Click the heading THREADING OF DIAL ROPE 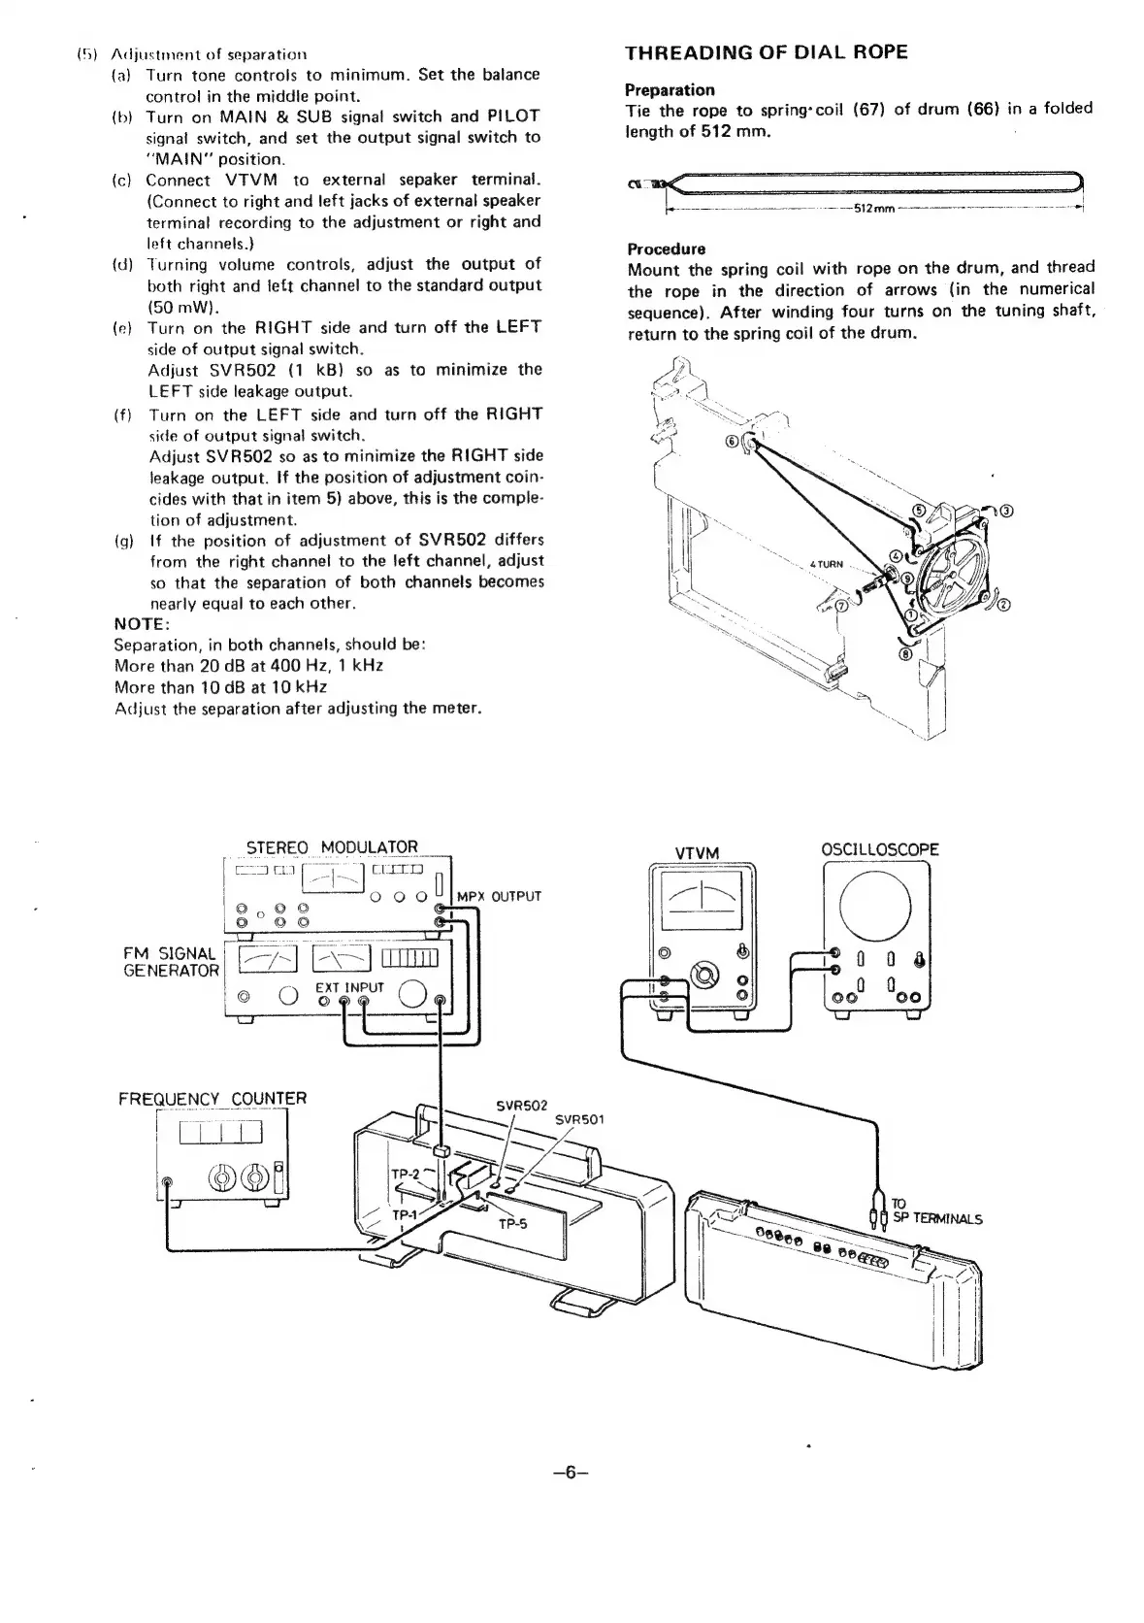click(x=767, y=52)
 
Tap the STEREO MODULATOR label click(x=332, y=847)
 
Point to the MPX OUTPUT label click(x=498, y=896)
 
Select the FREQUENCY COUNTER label click(x=212, y=1098)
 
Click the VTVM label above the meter click(x=697, y=853)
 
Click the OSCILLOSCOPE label click(x=879, y=850)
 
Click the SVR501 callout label click(x=579, y=1119)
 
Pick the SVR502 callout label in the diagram click(x=521, y=1106)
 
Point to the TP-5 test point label click(x=511, y=1223)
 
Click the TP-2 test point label click(x=405, y=1174)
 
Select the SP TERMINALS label click(x=937, y=1219)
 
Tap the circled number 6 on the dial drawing click(x=732, y=442)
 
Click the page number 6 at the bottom click(x=571, y=1473)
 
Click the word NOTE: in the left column click(x=142, y=623)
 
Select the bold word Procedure click(x=667, y=248)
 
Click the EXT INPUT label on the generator click(x=350, y=987)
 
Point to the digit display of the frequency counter click(x=221, y=1133)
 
